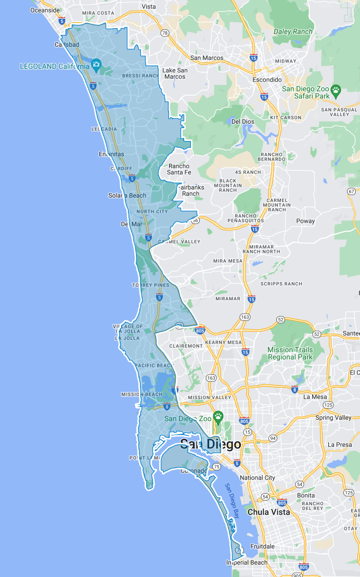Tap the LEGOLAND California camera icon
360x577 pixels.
[96, 65]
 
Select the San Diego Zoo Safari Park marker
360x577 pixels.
[336, 90]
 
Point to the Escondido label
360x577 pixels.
[266, 80]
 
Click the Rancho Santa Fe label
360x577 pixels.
[179, 169]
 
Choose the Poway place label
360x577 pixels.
[305, 221]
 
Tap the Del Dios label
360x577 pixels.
[242, 122]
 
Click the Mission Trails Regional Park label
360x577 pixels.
[290, 353]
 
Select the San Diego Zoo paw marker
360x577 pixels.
[218, 417]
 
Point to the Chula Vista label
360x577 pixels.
[269, 512]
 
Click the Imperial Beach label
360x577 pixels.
[247, 562]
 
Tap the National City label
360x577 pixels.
[258, 478]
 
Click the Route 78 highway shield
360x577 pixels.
[165, 33]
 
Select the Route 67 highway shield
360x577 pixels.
[351, 192]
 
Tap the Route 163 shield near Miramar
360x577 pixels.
[245, 317]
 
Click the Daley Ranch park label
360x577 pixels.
[293, 32]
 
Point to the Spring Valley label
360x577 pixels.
[333, 418]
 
